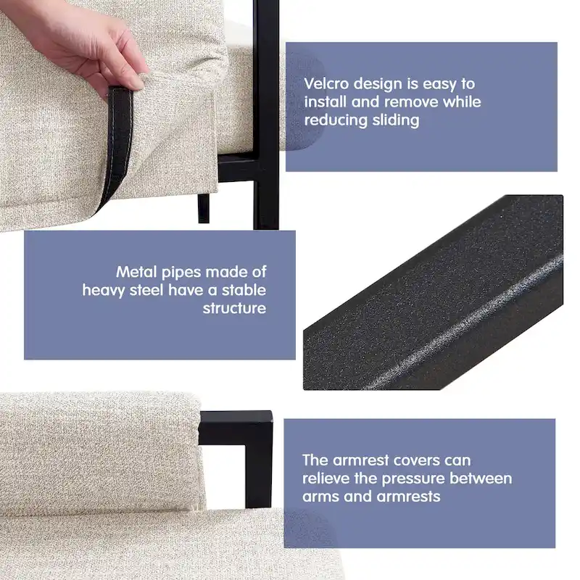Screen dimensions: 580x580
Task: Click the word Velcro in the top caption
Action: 326,83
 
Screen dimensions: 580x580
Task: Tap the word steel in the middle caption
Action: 146,290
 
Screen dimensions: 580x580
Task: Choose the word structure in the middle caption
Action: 234,308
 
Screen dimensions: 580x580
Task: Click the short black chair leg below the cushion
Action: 204,208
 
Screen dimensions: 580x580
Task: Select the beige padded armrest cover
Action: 100,453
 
